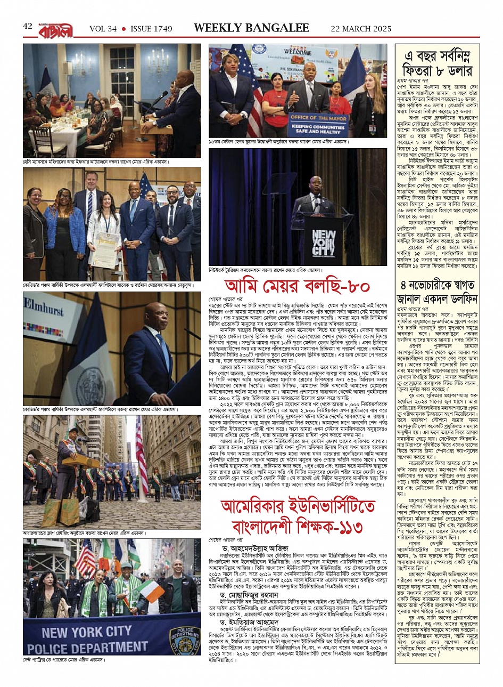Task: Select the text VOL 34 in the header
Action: point(103,29)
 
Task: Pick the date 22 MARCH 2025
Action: point(361,29)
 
